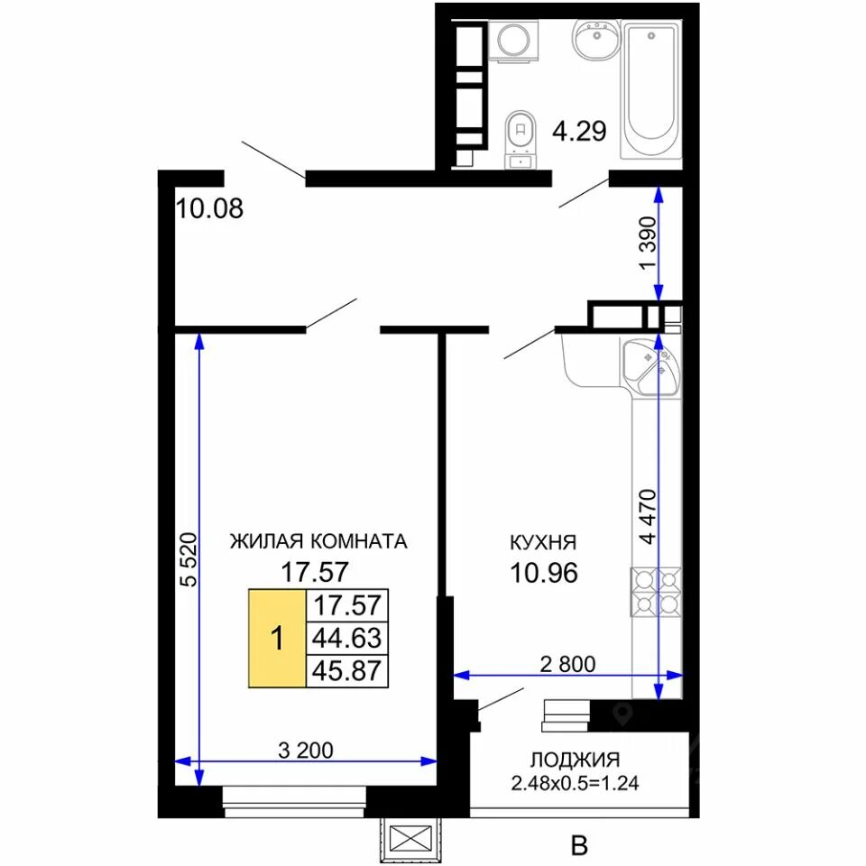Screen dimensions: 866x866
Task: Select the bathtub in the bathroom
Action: (x=651, y=91)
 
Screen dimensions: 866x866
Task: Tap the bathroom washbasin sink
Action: (x=596, y=39)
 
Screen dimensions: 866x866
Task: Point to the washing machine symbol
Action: (x=513, y=41)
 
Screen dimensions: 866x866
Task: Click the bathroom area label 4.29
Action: (x=579, y=132)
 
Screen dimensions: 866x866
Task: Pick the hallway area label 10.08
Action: (x=209, y=208)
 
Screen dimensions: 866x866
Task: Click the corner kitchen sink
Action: (x=651, y=367)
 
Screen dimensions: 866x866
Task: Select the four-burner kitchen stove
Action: (x=656, y=592)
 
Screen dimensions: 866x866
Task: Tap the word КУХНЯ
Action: (x=543, y=542)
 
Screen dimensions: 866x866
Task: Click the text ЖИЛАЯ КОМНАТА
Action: (x=318, y=541)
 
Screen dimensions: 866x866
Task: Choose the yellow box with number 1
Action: (x=277, y=639)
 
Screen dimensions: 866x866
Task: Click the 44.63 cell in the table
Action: (x=346, y=639)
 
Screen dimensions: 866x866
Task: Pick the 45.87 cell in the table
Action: (x=346, y=671)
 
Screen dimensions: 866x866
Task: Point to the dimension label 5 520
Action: (x=189, y=559)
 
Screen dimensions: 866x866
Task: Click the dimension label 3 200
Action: (x=306, y=750)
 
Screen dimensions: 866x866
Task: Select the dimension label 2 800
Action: (x=567, y=664)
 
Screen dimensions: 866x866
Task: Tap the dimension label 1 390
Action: (x=648, y=243)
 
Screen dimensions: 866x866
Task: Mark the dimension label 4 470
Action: (x=648, y=516)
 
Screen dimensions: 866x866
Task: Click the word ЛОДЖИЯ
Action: (x=575, y=760)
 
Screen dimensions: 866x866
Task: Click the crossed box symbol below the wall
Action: (x=410, y=837)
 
